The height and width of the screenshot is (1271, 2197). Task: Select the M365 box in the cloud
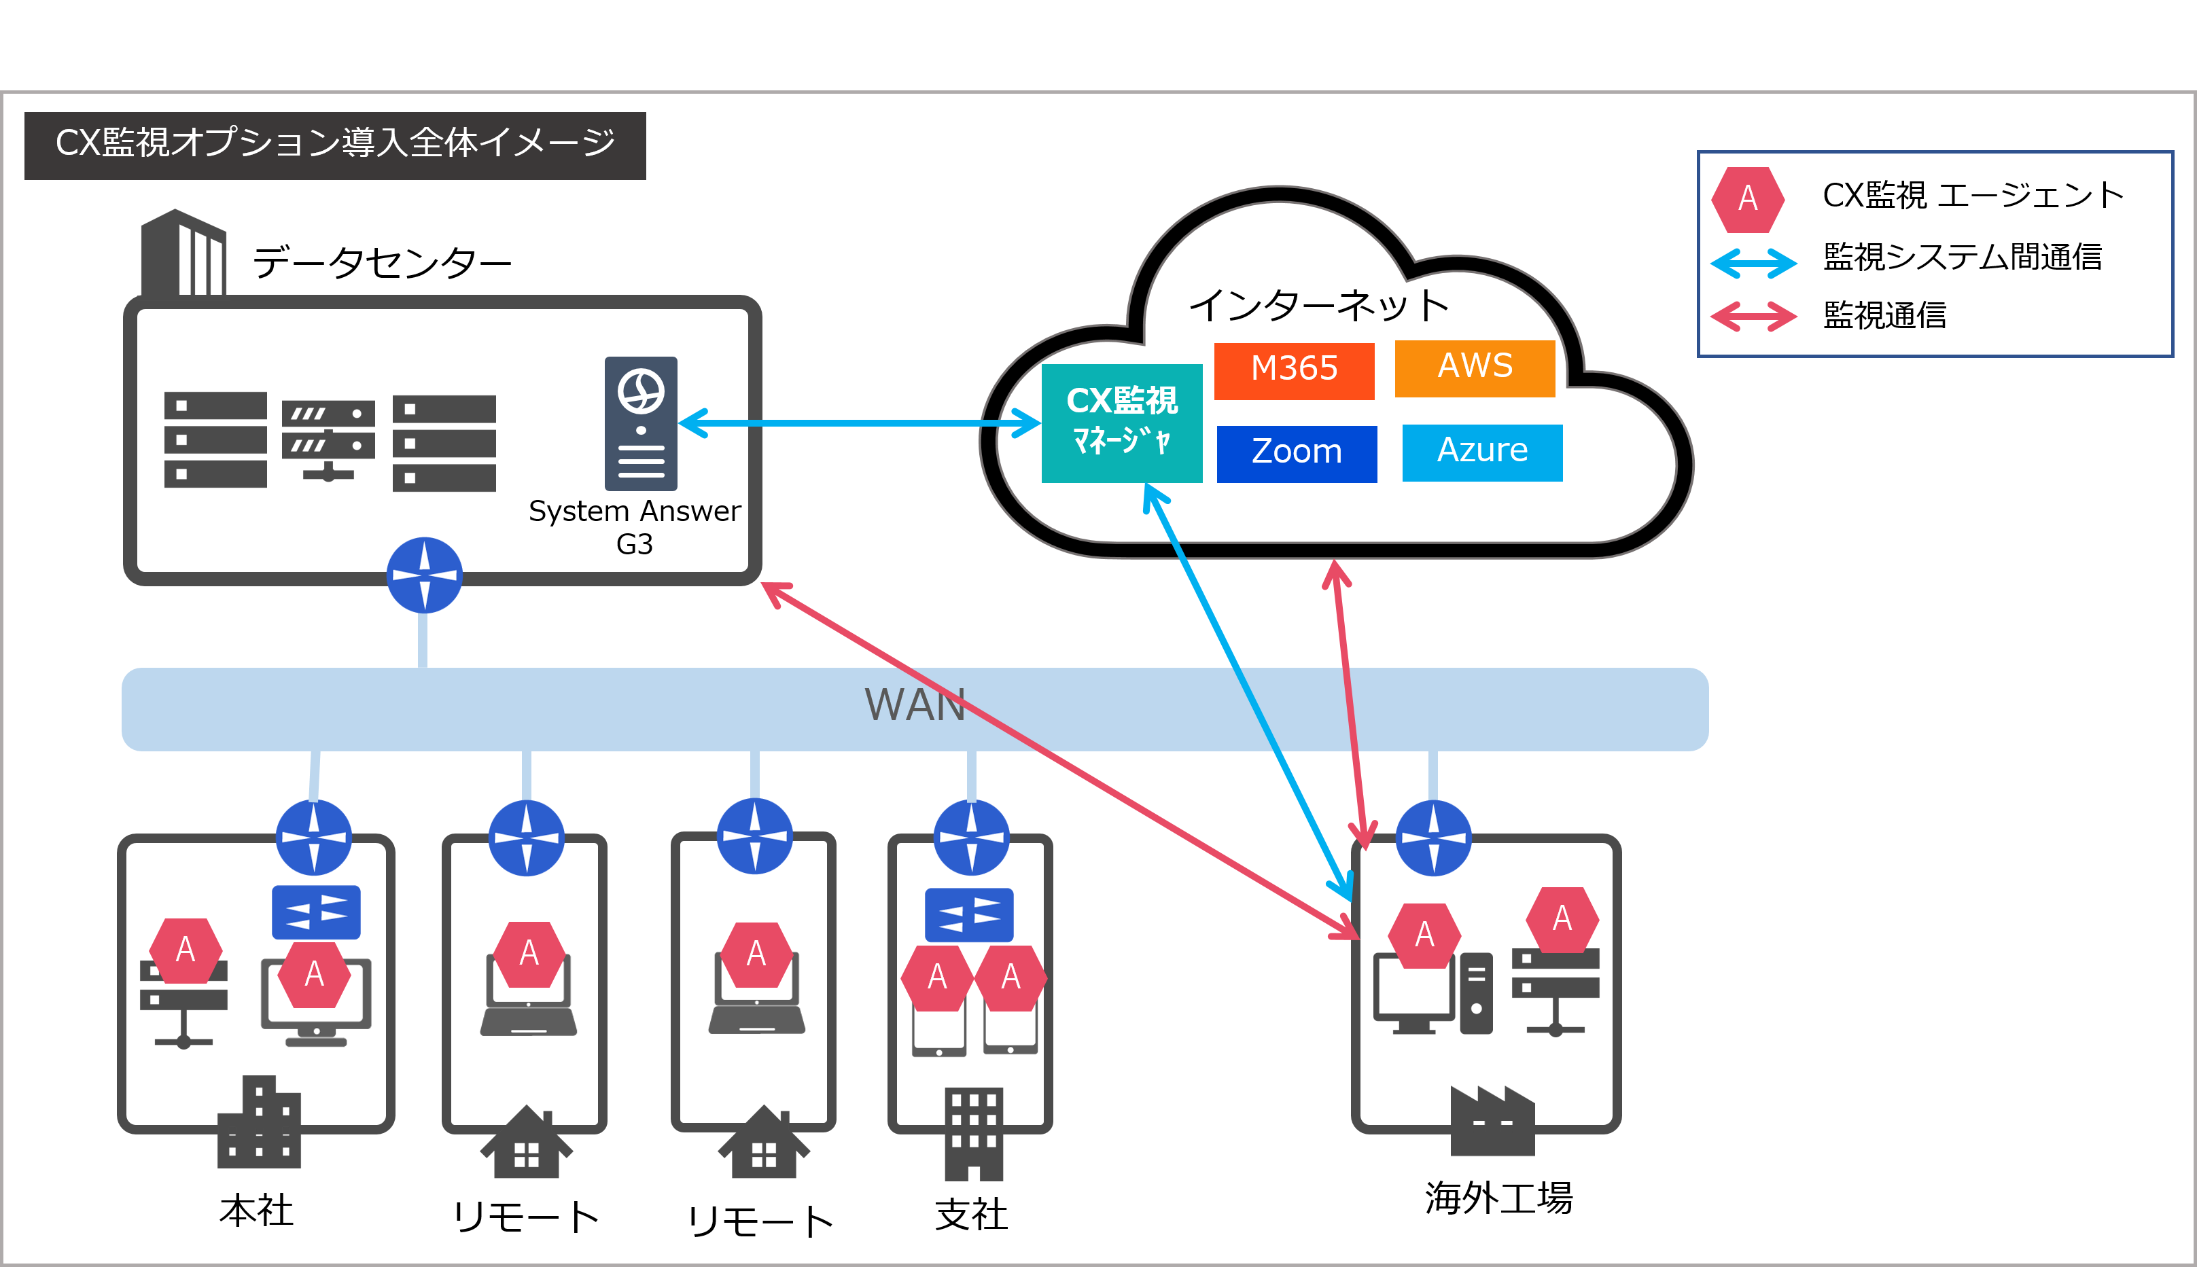pos(1294,370)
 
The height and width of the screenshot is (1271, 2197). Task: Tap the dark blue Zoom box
pos(1297,453)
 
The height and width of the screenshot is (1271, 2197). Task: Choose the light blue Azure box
pos(1482,452)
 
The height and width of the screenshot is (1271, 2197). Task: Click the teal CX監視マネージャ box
pos(1122,423)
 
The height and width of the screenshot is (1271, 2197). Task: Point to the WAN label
pos(915,705)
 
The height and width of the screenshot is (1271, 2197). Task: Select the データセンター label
pos(382,262)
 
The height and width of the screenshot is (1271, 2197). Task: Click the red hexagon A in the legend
pos(1747,200)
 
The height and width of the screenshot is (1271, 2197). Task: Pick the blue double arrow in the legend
pos(1753,262)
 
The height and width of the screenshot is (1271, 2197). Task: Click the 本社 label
pos(256,1211)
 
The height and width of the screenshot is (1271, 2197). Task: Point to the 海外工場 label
pos(1498,1198)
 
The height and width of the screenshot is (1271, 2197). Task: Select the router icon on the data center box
pos(424,575)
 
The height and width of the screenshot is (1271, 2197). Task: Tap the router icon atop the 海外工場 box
pos(1433,838)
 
